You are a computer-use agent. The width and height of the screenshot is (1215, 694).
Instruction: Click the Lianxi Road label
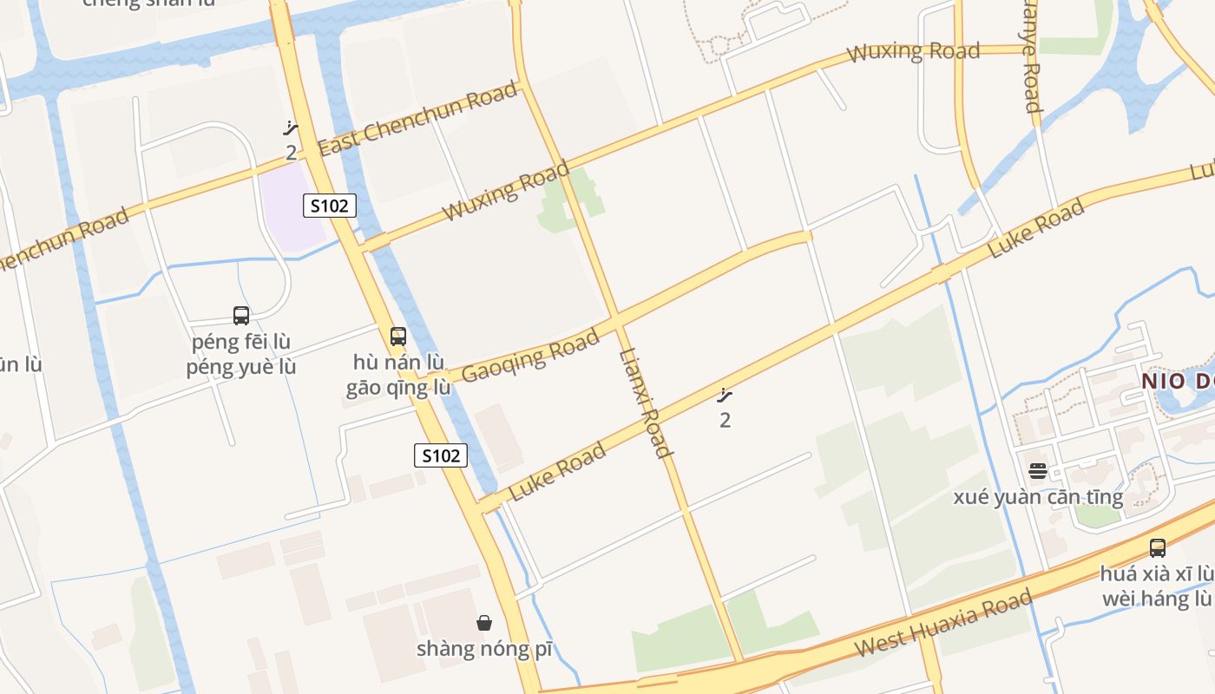tap(644, 403)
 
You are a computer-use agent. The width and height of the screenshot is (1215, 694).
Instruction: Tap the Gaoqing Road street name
tap(530, 356)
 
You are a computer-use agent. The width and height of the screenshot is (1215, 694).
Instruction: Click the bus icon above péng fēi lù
tap(241, 316)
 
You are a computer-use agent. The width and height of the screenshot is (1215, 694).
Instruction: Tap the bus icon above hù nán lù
tap(398, 336)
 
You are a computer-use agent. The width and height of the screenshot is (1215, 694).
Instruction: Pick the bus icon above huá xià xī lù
tap(1158, 547)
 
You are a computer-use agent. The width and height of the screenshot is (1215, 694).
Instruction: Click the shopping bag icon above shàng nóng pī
tap(484, 622)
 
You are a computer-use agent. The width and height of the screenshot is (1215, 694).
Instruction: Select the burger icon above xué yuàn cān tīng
tap(1038, 471)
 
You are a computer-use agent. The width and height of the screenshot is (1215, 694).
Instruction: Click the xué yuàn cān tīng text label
tap(1038, 497)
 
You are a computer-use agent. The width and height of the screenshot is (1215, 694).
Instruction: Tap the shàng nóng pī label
tap(484, 649)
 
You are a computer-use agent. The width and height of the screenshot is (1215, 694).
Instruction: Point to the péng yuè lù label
tap(241, 367)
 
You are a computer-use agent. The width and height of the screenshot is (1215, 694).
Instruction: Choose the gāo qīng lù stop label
tap(398, 387)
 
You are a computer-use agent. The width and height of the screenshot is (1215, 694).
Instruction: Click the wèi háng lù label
tap(1158, 599)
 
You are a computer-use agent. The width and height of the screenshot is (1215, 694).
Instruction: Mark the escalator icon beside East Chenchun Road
tap(291, 129)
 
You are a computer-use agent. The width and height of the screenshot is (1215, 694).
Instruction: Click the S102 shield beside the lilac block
tap(330, 206)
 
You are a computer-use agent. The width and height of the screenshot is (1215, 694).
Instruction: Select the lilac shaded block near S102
tap(292, 206)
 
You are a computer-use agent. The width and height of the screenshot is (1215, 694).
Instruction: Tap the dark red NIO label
tap(1177, 381)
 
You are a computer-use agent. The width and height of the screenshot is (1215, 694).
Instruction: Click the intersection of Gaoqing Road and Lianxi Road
tap(615, 323)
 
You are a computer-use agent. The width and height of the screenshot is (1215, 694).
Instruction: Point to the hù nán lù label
tap(398, 362)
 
